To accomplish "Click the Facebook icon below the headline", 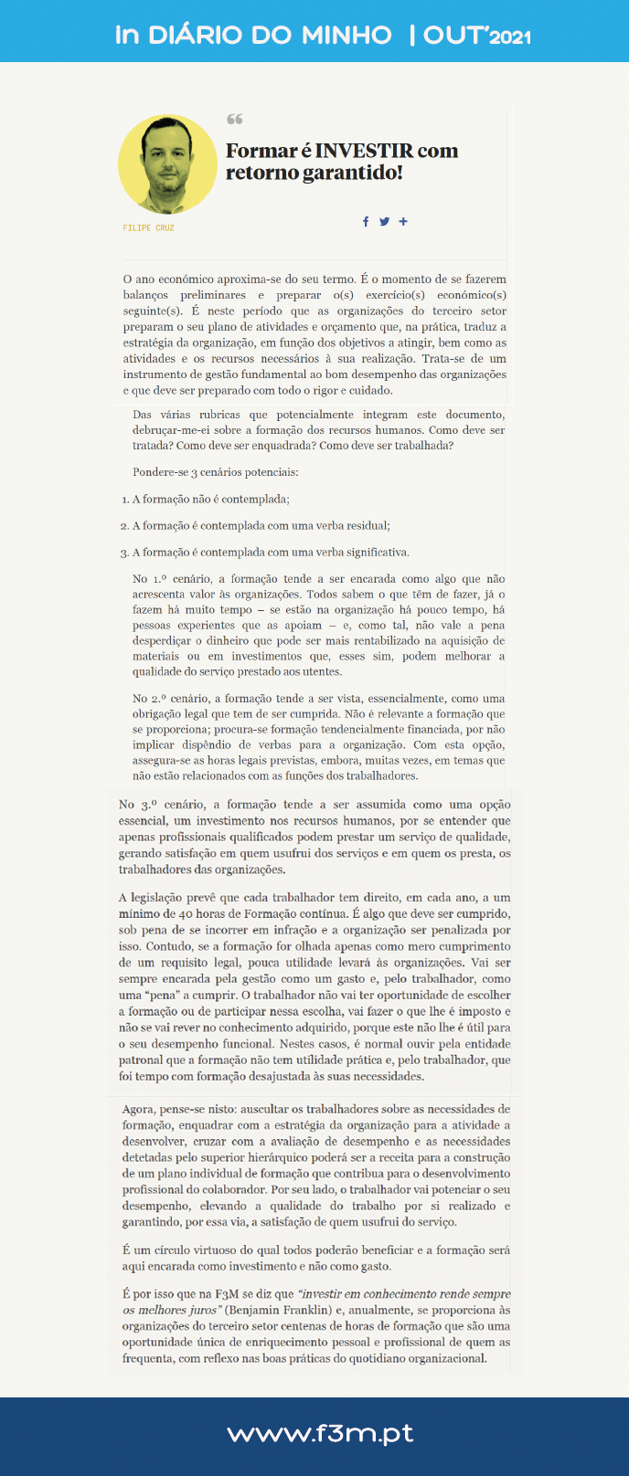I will [x=366, y=221].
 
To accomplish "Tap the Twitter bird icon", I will [x=384, y=221].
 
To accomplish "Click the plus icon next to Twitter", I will [x=403, y=221].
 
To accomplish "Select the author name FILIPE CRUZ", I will [x=148, y=227].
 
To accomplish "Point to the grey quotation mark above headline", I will [x=234, y=120].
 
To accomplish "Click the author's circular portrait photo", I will [x=167, y=164].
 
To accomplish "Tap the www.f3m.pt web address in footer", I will [x=320, y=1434].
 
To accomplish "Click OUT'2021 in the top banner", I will [x=476, y=36].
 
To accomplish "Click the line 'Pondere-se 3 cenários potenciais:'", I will [x=215, y=472].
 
